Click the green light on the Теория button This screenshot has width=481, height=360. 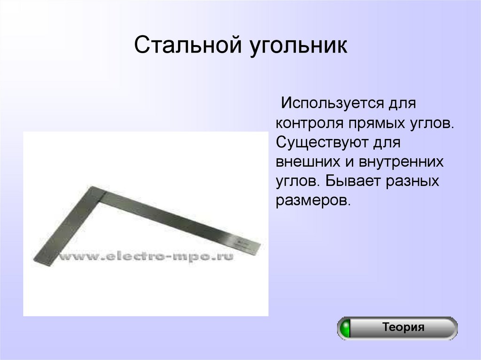point(346,328)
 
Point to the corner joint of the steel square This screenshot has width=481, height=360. point(96,192)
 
